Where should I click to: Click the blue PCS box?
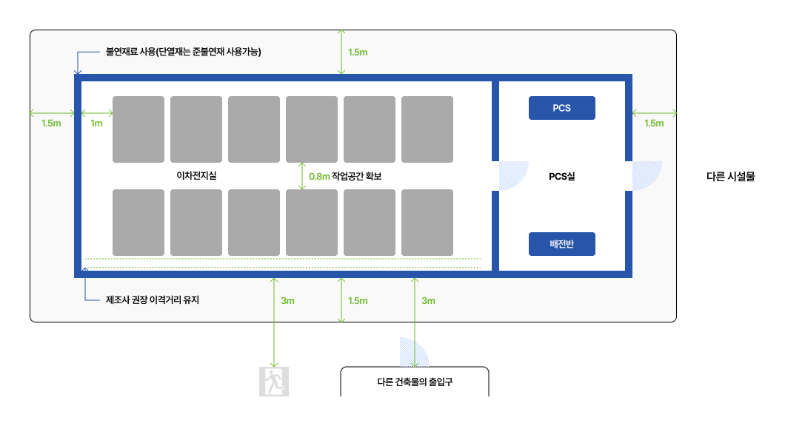[x=561, y=108]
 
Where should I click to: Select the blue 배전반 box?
[x=561, y=244]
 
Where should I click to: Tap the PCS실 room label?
[x=561, y=177]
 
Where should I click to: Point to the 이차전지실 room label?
[x=191, y=176]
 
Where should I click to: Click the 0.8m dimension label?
[x=319, y=176]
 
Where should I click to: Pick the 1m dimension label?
[x=96, y=124]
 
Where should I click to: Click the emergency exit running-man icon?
[x=274, y=382]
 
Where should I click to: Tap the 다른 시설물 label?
[x=731, y=177]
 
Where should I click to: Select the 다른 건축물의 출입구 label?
[x=415, y=382]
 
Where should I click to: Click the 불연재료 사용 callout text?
[x=184, y=52]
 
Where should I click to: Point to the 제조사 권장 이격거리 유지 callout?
[x=153, y=300]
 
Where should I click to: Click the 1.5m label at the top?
[x=358, y=52]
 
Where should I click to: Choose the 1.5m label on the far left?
[x=51, y=124]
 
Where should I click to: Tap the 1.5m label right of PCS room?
[x=654, y=124]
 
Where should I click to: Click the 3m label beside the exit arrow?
[x=288, y=300]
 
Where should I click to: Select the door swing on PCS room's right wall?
[x=646, y=175]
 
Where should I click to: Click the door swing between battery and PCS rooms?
[x=512, y=175]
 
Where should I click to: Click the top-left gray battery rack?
[x=138, y=129]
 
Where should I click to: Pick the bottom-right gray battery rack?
[x=427, y=222]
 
